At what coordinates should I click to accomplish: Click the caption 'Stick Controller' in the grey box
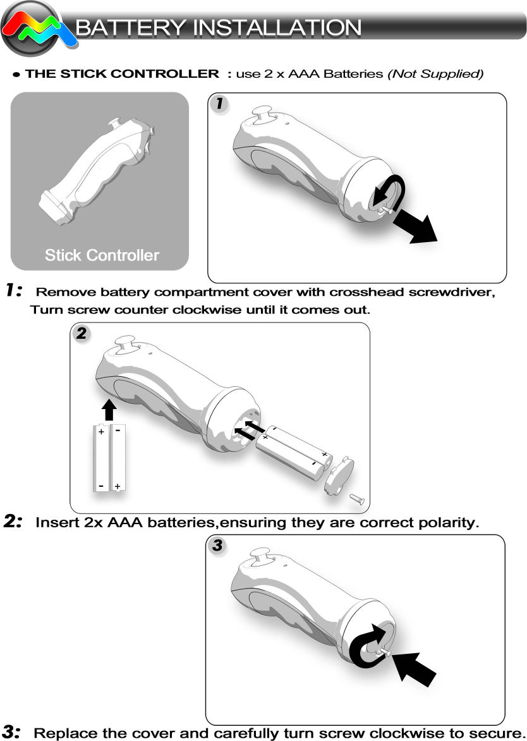(102, 255)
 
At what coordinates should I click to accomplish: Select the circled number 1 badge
(219, 104)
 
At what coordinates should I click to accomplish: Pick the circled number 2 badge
(81, 334)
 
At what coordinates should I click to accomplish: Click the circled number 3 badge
(217, 546)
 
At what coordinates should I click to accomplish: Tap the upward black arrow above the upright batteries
(109, 409)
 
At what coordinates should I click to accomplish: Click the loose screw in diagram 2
(356, 498)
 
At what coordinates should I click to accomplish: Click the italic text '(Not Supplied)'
(436, 74)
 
